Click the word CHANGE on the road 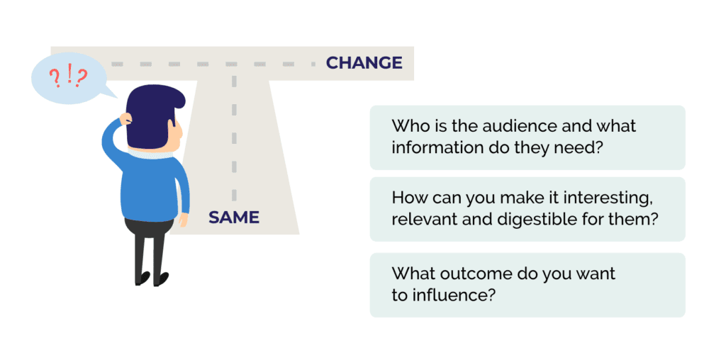pyautogui.click(x=364, y=63)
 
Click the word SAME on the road pyautogui.click(x=234, y=217)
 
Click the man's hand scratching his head pyautogui.click(x=125, y=118)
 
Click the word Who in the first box pyautogui.click(x=408, y=126)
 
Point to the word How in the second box pyautogui.click(x=408, y=198)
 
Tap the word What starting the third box pyautogui.click(x=412, y=274)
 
